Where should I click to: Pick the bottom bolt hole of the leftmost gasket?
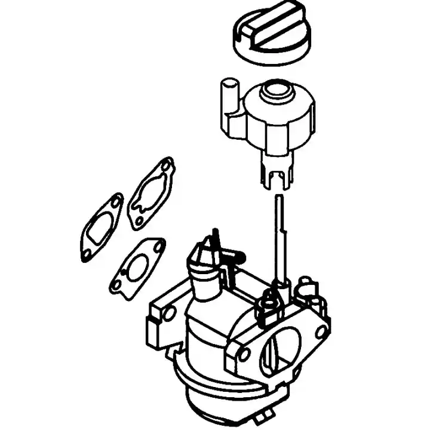(x=87, y=253)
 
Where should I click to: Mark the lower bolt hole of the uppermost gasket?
(x=139, y=220)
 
